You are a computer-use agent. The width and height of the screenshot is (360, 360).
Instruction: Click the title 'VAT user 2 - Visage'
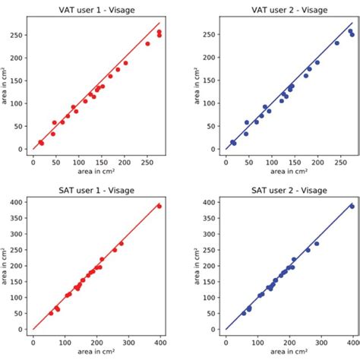pos(289,11)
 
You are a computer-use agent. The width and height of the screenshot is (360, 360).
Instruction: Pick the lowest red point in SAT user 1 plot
pos(52,313)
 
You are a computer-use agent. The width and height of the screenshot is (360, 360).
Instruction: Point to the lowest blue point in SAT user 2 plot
pos(244,313)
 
